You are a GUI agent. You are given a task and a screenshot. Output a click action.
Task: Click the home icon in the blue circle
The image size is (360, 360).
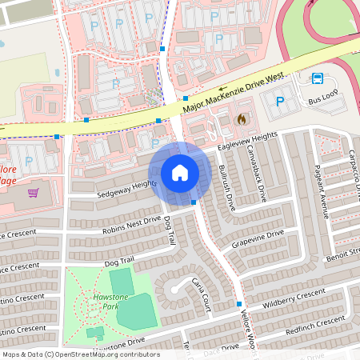[x=180, y=173]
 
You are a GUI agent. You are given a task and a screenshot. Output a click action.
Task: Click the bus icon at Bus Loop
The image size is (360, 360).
[x=318, y=78]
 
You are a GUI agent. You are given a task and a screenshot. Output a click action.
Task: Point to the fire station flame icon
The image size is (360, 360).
[x=242, y=118]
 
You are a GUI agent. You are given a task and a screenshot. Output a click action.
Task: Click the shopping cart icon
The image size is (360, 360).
[x=34, y=193]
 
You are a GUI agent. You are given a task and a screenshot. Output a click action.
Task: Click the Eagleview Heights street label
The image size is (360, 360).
[x=247, y=143]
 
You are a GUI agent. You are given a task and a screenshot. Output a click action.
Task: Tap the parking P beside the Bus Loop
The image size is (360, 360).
[x=280, y=102]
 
